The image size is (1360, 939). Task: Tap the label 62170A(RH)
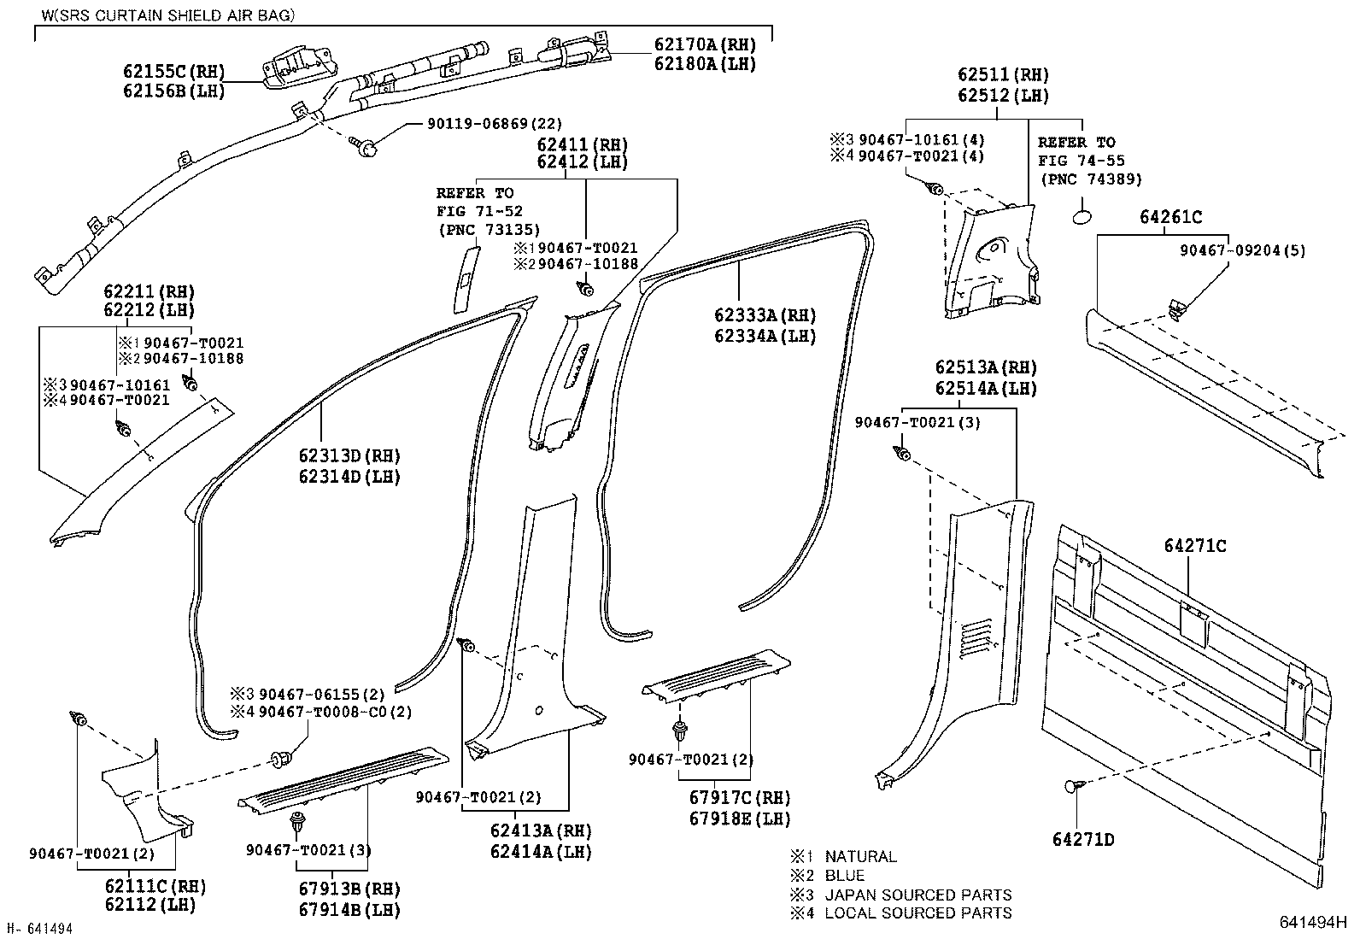point(706,45)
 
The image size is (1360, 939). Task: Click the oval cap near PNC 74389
point(1081,213)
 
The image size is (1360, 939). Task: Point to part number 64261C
point(1169,218)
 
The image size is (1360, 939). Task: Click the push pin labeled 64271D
point(1072,787)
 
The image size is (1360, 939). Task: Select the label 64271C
point(1194,545)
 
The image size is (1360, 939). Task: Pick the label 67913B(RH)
point(349,890)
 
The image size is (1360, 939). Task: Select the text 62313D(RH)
point(349,456)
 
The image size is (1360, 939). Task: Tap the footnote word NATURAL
point(860,857)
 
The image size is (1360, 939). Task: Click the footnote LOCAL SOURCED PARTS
point(917,913)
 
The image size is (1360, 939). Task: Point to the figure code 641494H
point(1312,922)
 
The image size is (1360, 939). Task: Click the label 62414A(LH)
point(541,852)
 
